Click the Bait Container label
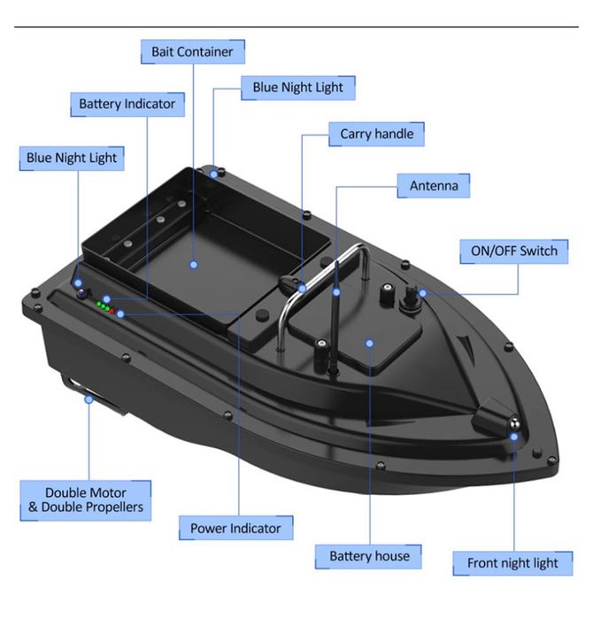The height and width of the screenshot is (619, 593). click(x=193, y=51)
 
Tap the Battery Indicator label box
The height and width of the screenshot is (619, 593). click(x=127, y=104)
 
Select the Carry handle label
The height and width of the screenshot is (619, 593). click(x=376, y=135)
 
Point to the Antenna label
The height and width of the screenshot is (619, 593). click(x=433, y=186)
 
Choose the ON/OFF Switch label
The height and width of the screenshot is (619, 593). click(x=513, y=251)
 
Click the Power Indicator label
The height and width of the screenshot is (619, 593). click(x=235, y=528)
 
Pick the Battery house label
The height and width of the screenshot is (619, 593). click(x=369, y=556)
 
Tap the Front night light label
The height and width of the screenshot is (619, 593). click(x=512, y=563)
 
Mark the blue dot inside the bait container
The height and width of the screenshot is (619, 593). click(x=193, y=265)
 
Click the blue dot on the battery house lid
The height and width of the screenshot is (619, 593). click(x=369, y=344)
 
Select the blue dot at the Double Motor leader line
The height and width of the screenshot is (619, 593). click(x=89, y=399)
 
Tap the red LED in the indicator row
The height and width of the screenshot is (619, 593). click(x=112, y=312)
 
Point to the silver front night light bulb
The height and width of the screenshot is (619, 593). click(x=513, y=424)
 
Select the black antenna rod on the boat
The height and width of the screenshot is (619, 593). click(x=335, y=316)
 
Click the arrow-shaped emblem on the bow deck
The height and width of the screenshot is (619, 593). click(x=466, y=344)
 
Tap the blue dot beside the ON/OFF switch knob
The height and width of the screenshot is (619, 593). click(x=422, y=293)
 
